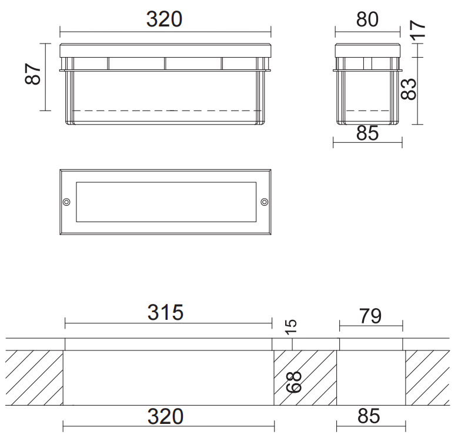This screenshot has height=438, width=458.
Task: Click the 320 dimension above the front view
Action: point(164,19)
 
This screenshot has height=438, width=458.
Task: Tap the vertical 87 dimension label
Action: point(33,74)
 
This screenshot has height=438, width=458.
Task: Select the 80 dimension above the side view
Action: point(367,19)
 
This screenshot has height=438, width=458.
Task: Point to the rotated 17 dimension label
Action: point(417,31)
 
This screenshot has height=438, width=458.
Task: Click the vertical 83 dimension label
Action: point(409,89)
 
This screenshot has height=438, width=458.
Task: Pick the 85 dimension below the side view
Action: point(367,133)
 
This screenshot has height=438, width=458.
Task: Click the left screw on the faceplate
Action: point(66,202)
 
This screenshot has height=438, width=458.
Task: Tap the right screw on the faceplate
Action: point(265,202)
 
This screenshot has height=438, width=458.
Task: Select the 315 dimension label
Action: point(165,312)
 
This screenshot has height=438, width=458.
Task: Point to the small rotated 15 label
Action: point(290,326)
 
